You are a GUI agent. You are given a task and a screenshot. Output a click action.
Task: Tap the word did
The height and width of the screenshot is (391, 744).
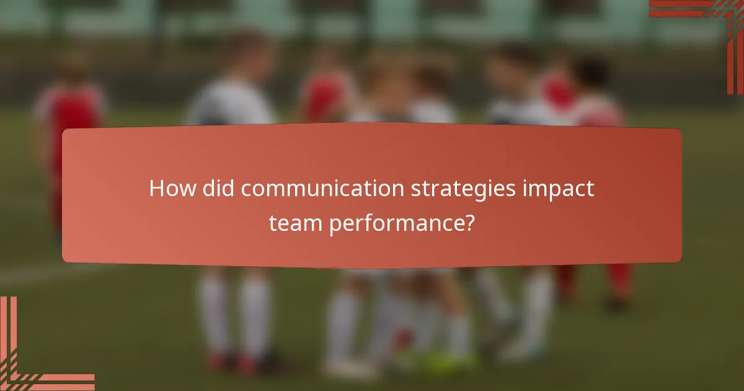point(218,189)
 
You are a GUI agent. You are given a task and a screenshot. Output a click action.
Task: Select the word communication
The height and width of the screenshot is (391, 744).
point(323,189)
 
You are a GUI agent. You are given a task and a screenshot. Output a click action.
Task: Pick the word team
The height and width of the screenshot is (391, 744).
point(294,223)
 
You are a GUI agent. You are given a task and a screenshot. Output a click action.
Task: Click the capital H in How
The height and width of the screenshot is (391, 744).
point(157,189)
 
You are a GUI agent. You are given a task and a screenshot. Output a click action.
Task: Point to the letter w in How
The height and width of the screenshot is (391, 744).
point(186,190)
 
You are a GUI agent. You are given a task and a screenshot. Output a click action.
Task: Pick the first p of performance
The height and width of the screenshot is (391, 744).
point(335,225)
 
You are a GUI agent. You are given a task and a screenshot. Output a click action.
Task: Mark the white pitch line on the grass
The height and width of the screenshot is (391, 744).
point(31,273)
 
